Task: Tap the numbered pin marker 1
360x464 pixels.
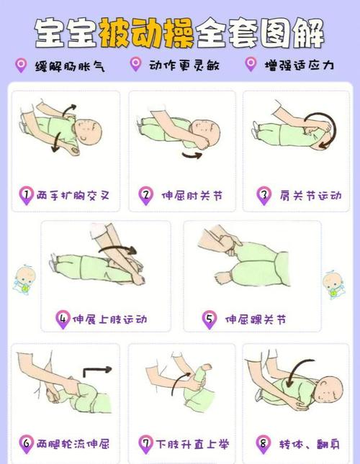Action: (26, 195)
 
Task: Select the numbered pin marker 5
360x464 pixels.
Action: (210, 319)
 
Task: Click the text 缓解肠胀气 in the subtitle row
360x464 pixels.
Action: (72, 65)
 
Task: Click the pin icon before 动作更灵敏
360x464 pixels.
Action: (135, 65)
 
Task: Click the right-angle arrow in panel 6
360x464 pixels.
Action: (96, 372)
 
